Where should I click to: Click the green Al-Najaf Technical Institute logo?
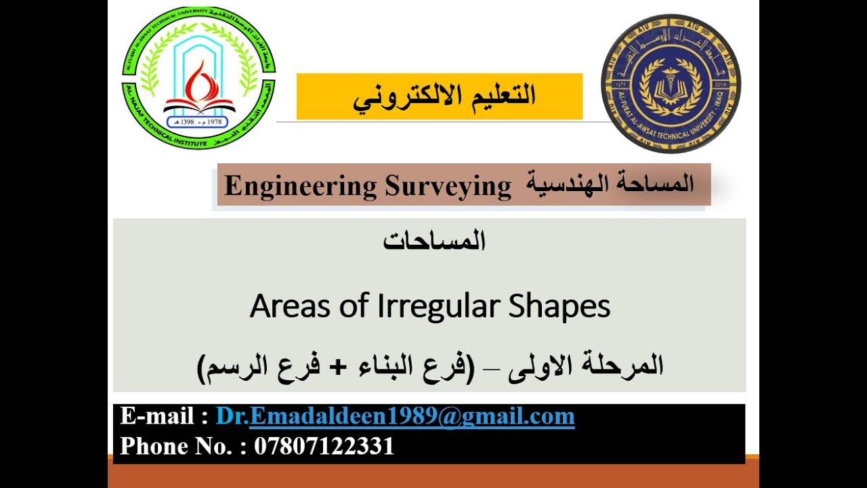[198, 78]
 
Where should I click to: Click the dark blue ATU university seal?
[671, 84]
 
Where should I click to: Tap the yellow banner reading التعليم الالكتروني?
[440, 96]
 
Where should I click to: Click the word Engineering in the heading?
[300, 186]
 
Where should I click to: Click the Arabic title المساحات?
[434, 241]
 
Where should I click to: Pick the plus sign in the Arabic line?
[339, 367]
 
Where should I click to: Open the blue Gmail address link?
[395, 416]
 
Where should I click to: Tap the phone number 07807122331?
[324, 446]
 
